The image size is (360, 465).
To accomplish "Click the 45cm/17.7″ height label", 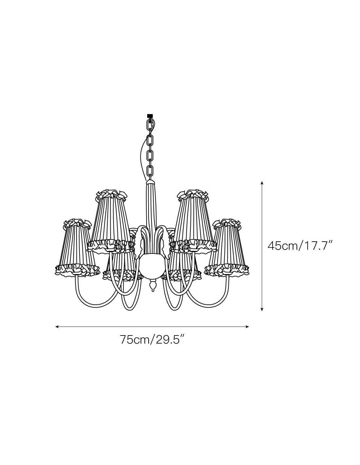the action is pos(299,246).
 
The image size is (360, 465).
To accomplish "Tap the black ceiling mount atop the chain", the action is pos(149,116).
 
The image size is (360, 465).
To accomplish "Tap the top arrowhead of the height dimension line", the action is pos(261,183).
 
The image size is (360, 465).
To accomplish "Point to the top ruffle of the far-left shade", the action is pos(77,223).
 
